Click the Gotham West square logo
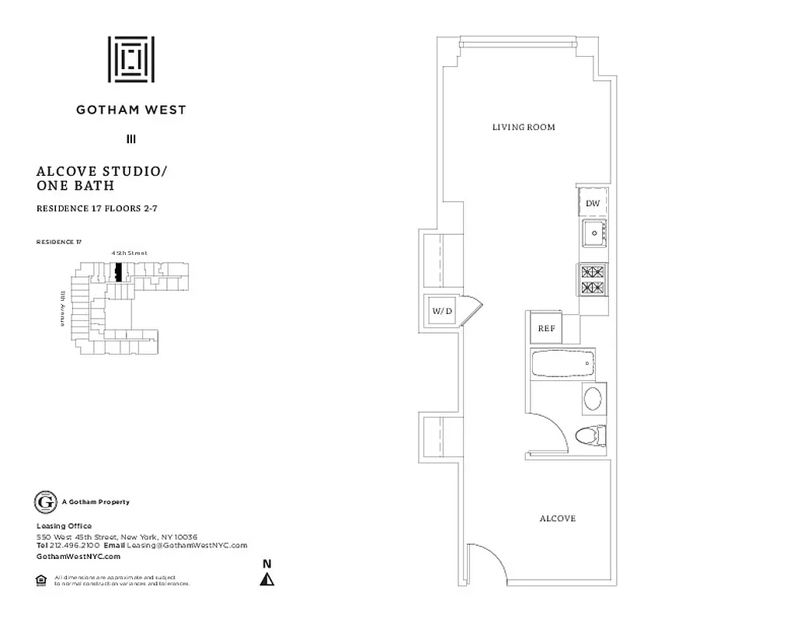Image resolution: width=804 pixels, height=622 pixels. pyautogui.click(x=131, y=59)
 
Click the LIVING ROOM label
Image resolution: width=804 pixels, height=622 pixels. pyautogui.click(x=524, y=127)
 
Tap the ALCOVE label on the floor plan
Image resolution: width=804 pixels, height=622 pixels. pyautogui.click(x=557, y=518)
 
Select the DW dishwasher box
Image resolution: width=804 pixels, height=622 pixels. pyautogui.click(x=593, y=203)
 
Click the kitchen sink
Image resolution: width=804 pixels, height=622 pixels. pyautogui.click(x=594, y=232)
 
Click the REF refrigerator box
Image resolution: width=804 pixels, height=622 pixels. pyautogui.click(x=545, y=328)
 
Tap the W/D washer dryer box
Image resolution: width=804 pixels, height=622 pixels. pyautogui.click(x=441, y=312)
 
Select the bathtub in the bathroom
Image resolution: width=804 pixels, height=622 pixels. pyautogui.click(x=563, y=363)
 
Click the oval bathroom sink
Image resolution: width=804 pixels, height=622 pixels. pyautogui.click(x=593, y=399)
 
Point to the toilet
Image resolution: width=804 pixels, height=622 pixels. pyautogui.click(x=590, y=435)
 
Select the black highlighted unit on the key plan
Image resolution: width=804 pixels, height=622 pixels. pyautogui.click(x=118, y=273)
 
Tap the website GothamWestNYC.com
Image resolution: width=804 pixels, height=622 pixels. pyautogui.click(x=78, y=556)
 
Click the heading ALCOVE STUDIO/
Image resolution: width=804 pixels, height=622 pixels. pyautogui.click(x=102, y=171)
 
